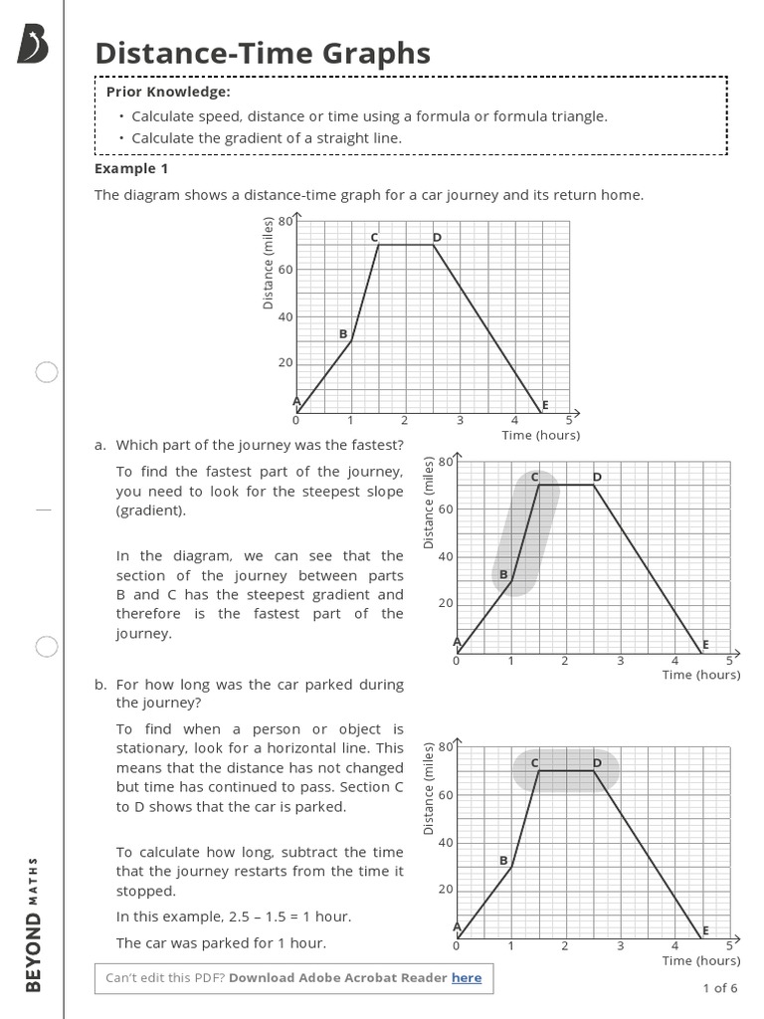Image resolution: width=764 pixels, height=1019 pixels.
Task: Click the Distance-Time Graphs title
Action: coord(263,53)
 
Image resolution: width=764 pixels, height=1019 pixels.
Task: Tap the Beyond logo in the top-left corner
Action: coord(33,45)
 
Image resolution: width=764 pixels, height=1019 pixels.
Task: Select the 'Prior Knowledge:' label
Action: coord(168,92)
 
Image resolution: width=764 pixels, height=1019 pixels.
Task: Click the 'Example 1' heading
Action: coord(131,168)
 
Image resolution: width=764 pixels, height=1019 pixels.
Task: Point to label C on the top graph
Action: coord(374,237)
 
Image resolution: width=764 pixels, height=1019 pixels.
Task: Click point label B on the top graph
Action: coord(343,334)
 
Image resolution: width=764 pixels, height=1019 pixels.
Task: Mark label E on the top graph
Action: coord(545,405)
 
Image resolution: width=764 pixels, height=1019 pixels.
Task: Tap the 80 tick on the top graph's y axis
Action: coord(286,221)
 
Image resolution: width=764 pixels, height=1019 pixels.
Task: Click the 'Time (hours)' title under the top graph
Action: coord(541,435)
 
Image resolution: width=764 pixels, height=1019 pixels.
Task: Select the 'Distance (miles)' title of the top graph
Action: coord(268,263)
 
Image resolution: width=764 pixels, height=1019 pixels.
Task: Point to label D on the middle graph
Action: coord(597,478)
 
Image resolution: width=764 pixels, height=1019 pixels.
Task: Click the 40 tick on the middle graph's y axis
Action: coord(446,556)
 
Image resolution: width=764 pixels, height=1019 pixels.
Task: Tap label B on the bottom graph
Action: coord(502,860)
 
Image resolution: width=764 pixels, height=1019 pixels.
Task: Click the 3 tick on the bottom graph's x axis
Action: coord(620,945)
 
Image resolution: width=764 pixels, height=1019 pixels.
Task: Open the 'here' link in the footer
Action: coord(467,978)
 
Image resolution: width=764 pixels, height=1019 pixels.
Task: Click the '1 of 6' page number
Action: coord(720,988)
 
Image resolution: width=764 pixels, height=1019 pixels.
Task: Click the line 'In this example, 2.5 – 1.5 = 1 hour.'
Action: coord(234,917)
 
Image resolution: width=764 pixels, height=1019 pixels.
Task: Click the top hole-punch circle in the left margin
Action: coord(47,373)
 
